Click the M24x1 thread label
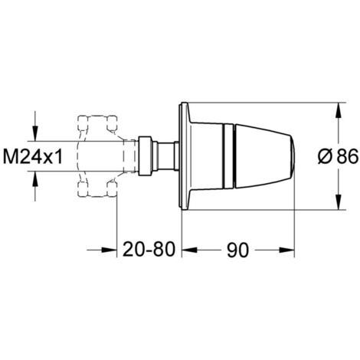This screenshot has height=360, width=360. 33,156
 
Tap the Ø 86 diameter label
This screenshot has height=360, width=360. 338,156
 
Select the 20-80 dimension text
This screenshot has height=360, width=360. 149,250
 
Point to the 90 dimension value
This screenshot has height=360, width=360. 237,250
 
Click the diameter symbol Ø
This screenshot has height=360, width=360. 325,156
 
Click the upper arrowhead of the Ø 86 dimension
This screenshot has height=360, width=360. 338,110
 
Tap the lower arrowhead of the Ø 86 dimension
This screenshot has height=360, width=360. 338,202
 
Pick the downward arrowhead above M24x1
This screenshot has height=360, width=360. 35,133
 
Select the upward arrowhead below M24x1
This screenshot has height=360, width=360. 35,178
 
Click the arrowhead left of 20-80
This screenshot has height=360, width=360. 109,250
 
